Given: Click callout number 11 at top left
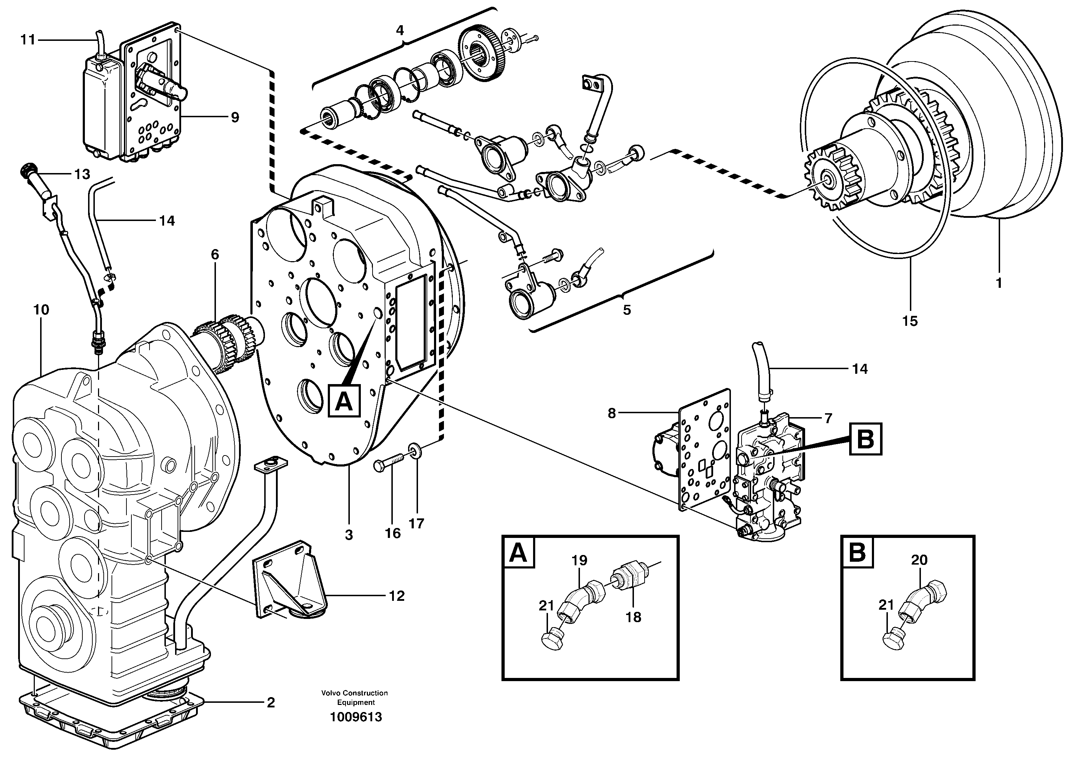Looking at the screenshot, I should click(28, 40).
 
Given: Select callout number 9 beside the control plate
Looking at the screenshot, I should click(234, 117).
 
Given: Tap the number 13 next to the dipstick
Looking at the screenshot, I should click(82, 174).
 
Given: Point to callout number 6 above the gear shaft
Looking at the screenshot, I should click(215, 255).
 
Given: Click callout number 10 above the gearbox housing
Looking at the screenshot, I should click(41, 310).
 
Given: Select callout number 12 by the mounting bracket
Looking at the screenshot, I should click(396, 596).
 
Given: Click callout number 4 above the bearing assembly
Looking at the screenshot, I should click(400, 31).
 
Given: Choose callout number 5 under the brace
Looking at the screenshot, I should click(626, 310).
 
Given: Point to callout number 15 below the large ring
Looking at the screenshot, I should click(910, 321).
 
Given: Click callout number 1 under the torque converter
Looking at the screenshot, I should click(998, 283).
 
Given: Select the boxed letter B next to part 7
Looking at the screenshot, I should click(865, 439).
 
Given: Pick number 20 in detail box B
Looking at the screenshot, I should click(919, 560).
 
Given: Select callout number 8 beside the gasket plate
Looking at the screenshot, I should click(612, 413).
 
